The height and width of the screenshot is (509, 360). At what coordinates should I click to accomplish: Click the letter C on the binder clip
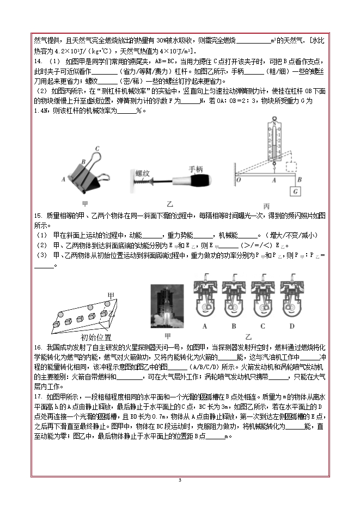pyautogui.click(x=97, y=148)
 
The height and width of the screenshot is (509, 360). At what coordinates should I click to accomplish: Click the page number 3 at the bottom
pyautogui.click(x=180, y=480)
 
